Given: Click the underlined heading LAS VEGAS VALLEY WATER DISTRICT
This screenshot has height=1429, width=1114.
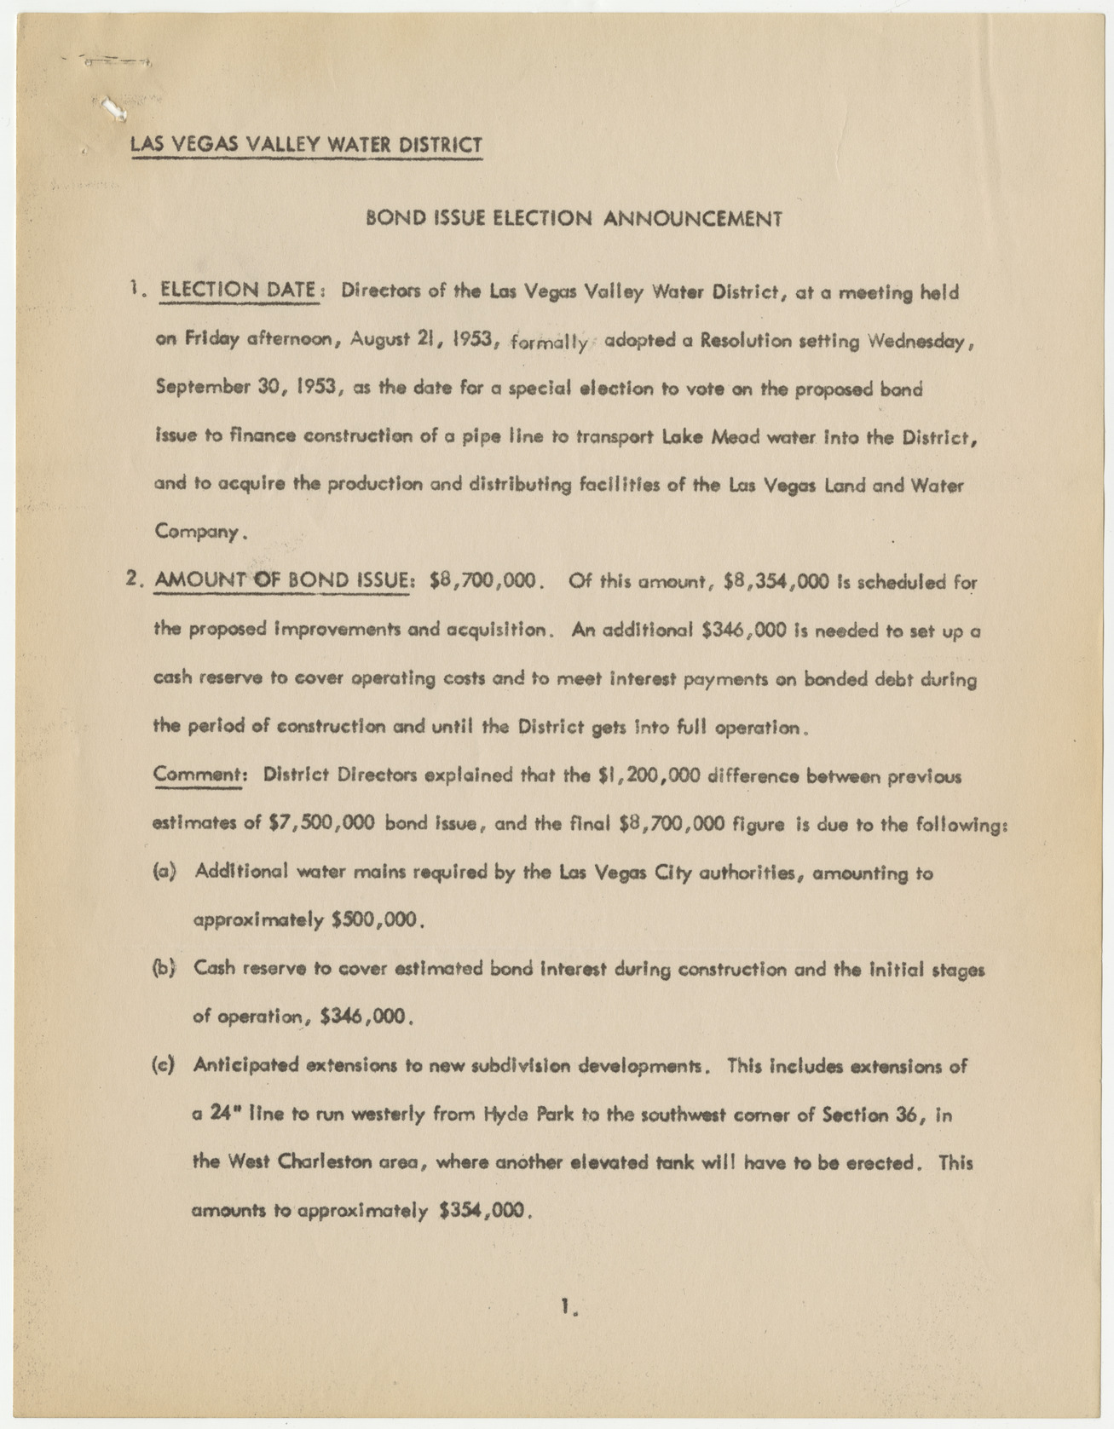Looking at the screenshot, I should (x=306, y=144).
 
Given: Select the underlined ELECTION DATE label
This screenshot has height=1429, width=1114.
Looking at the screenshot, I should (x=239, y=291).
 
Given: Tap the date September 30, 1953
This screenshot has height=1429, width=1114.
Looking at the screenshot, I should (x=250, y=388).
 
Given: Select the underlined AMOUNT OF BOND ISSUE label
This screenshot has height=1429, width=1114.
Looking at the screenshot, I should (x=281, y=581).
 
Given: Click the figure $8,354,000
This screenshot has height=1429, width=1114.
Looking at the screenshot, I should (x=776, y=582).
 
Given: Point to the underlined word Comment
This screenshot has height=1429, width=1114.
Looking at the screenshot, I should (x=199, y=775).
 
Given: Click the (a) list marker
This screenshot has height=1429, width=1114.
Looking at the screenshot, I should (x=165, y=872).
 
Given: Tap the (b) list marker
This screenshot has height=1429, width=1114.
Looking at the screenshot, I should (x=164, y=969).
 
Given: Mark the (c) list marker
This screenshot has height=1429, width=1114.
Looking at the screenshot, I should (x=164, y=1065).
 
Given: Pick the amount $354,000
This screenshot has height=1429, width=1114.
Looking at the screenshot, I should (x=483, y=1210).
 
